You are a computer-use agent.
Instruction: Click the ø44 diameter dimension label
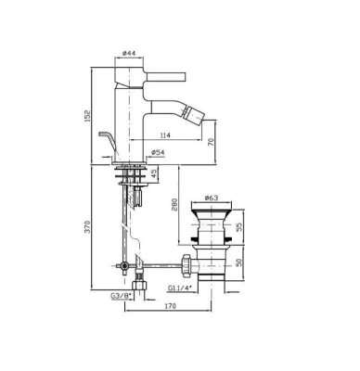129,53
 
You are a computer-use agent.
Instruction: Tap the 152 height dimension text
88,116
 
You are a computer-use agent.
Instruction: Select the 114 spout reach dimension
165,135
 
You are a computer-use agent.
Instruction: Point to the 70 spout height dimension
211,143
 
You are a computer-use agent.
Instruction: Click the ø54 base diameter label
158,152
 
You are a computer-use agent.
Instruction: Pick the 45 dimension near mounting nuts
155,173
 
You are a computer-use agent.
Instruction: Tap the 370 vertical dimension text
88,226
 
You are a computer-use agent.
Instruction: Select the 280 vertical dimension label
174,205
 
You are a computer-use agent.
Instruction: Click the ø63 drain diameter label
212,198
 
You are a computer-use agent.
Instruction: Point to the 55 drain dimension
239,227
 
